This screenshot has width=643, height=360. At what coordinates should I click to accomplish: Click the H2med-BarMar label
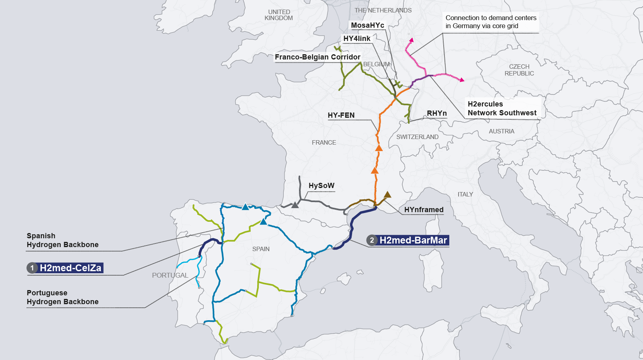pos(413,240)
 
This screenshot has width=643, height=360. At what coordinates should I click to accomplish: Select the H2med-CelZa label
pos(71,268)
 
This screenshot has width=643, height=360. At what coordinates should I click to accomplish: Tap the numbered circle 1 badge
pos(32,268)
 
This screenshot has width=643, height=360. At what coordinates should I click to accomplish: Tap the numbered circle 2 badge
pos(372,240)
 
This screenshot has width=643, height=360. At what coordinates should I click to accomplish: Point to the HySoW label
pos(321,186)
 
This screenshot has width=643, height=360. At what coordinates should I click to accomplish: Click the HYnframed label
pos(424,210)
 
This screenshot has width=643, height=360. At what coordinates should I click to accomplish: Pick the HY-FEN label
pos(341,115)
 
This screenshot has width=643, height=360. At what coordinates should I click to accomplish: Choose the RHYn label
pos(436,113)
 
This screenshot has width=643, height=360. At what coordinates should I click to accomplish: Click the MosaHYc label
pos(367,25)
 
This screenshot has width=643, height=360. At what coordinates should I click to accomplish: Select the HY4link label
pos(356,39)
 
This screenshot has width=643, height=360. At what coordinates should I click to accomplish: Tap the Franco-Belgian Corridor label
pos(317,57)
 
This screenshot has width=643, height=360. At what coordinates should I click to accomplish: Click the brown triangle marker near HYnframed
pos(387,195)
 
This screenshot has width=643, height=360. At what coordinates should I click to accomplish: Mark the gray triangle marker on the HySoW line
pos(295,205)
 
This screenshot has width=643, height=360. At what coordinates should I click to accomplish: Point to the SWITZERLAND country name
pos(417,137)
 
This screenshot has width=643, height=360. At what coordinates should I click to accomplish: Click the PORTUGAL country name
pos(170,275)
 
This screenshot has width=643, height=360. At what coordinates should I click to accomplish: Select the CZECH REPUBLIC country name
pos(519,70)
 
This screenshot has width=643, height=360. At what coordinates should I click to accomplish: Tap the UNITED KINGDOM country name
pos(279,15)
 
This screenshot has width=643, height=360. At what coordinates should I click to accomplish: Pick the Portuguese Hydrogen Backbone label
pos(63,297)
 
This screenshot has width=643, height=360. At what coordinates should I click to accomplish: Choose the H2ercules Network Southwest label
pos(502,108)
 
